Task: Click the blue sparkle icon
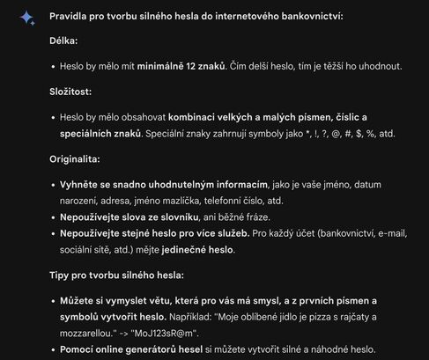pyautogui.click(x=26, y=18)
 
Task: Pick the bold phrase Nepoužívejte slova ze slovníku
pyautogui.click(x=136, y=217)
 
